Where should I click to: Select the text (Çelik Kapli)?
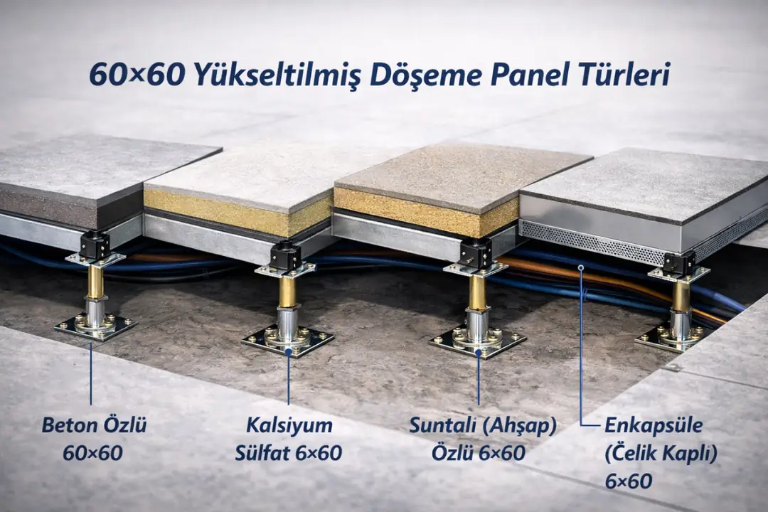[660, 453]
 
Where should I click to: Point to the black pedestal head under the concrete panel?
[95, 244]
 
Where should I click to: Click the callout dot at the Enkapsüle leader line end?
[581, 267]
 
